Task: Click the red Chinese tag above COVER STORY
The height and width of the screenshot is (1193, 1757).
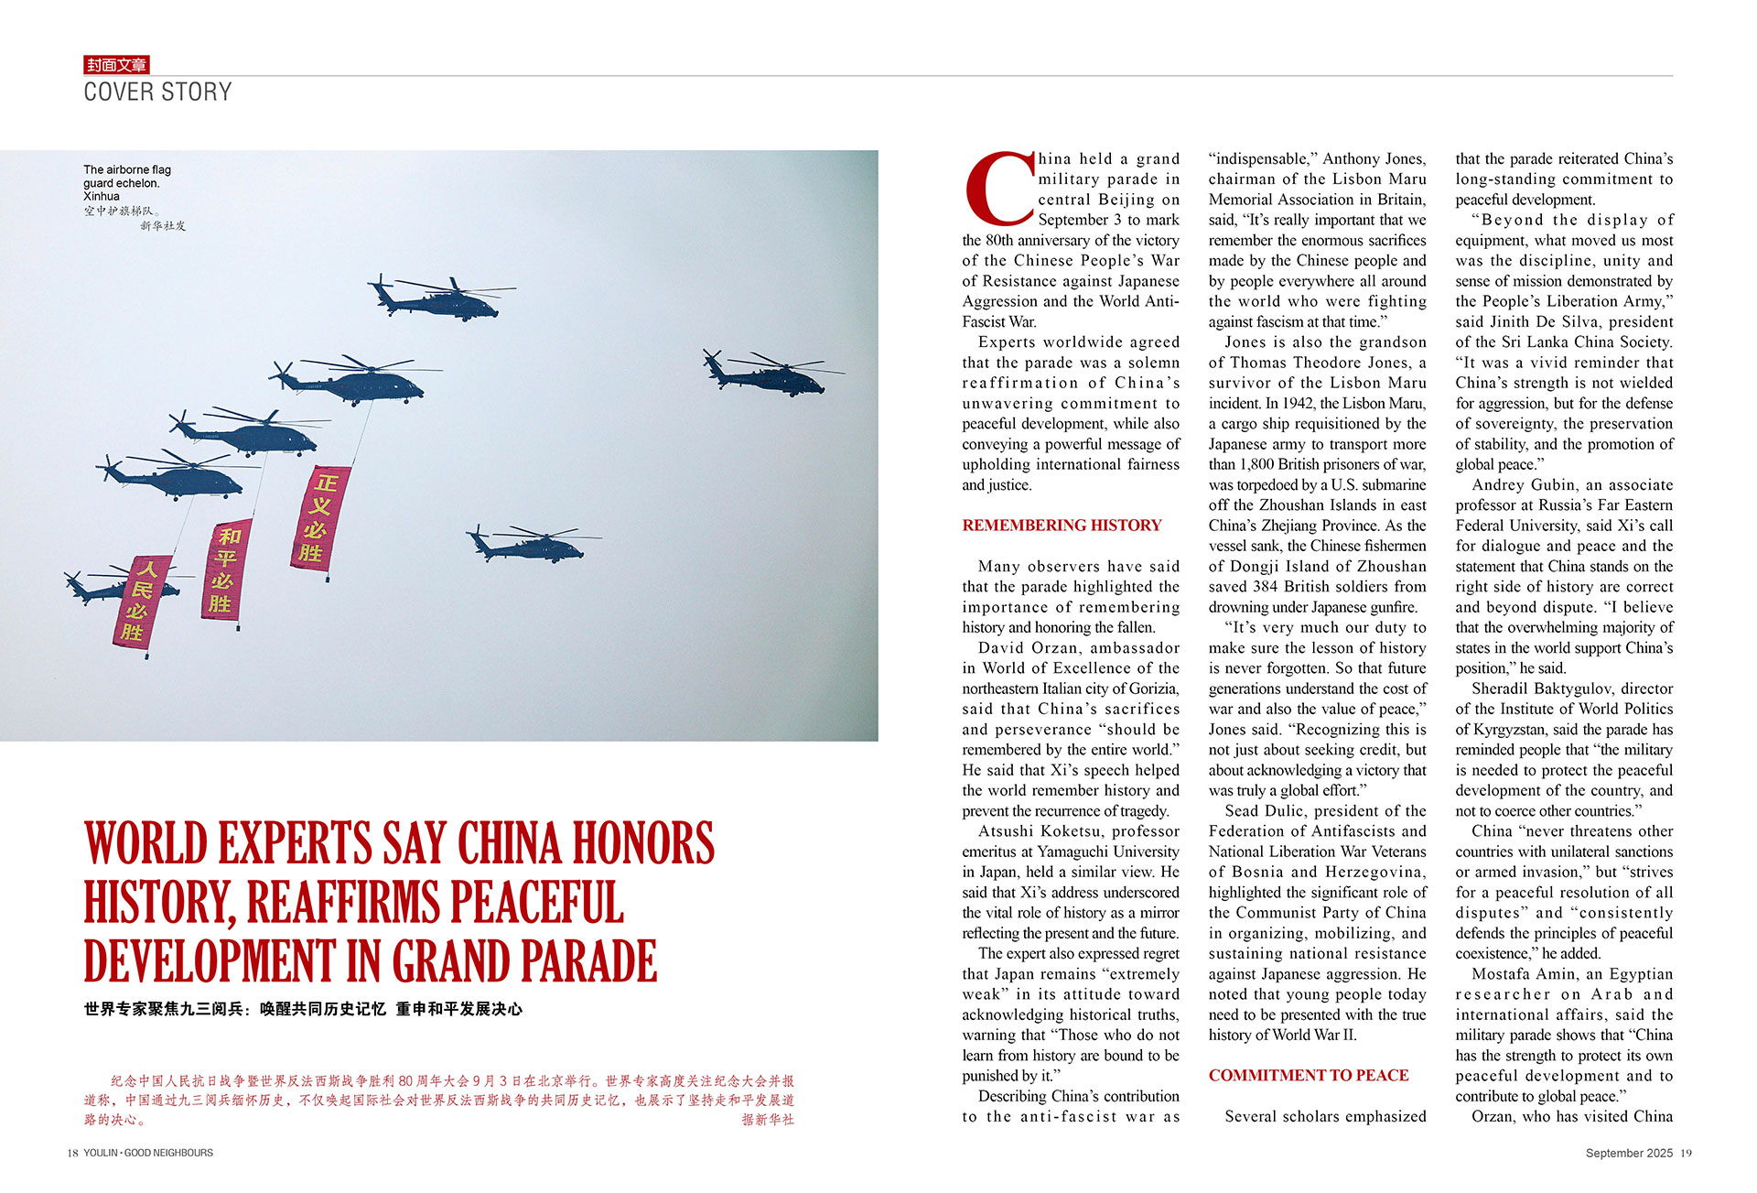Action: point(116,65)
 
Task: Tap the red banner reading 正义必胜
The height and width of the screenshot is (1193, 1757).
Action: point(319,518)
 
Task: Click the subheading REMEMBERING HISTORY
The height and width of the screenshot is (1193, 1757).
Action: point(1062,526)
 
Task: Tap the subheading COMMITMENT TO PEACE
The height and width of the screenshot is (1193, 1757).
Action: point(1308,1076)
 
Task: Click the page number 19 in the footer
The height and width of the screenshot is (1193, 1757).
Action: point(1686,1154)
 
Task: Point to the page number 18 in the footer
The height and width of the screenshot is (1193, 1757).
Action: point(72,1154)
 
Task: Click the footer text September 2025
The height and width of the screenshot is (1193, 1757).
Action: point(1629,1154)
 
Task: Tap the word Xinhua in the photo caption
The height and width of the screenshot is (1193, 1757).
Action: point(102,197)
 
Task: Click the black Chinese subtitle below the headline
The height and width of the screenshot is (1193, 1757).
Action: point(303,1010)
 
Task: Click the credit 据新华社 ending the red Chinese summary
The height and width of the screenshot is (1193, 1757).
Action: point(768,1120)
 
